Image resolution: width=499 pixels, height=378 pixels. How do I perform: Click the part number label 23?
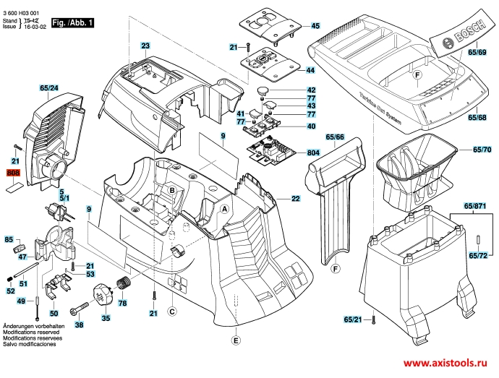coord(145,46)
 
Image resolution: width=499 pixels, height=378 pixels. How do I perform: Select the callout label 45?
coord(315,26)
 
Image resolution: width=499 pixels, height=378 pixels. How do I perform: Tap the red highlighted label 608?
coord(13,173)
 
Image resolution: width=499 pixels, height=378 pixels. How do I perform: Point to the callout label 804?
coord(313,153)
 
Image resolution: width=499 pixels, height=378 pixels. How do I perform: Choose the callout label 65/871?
coord(475,206)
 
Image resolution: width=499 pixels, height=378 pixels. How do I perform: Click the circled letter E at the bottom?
coord(236,340)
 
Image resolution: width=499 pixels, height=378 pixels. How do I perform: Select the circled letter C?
coord(172,312)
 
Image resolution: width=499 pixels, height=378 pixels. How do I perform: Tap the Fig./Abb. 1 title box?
coord(72,23)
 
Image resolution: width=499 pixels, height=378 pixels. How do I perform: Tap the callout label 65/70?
coord(482,149)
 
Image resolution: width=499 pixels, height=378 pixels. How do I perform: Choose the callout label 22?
coord(296,198)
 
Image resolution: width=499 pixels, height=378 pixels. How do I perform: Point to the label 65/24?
coord(49,88)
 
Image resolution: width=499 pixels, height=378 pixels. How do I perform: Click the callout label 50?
coord(54,314)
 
